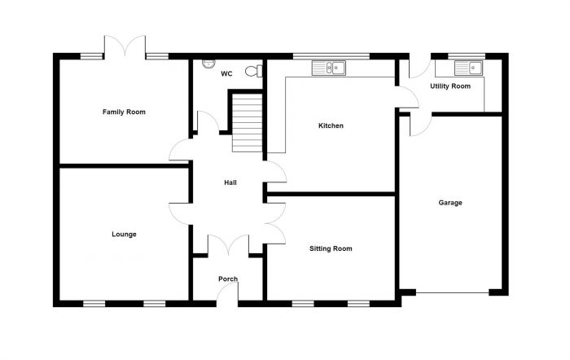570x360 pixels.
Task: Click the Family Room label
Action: [x=124, y=112]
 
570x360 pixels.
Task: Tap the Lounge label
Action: [x=124, y=234]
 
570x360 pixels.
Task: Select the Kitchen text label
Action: [x=331, y=126]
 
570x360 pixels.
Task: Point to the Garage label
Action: [x=450, y=203]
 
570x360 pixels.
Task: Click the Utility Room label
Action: [x=450, y=86]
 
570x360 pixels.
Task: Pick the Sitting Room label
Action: [x=331, y=248]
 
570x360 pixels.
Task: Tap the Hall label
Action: [x=230, y=182]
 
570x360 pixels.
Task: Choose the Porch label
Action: [x=228, y=279]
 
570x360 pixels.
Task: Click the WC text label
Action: [x=226, y=74]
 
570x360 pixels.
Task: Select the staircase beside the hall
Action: [x=247, y=123]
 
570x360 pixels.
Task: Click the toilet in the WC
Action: [x=260, y=71]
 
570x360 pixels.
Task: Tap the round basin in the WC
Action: [x=207, y=63]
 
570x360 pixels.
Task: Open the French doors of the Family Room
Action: [x=125, y=47]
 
